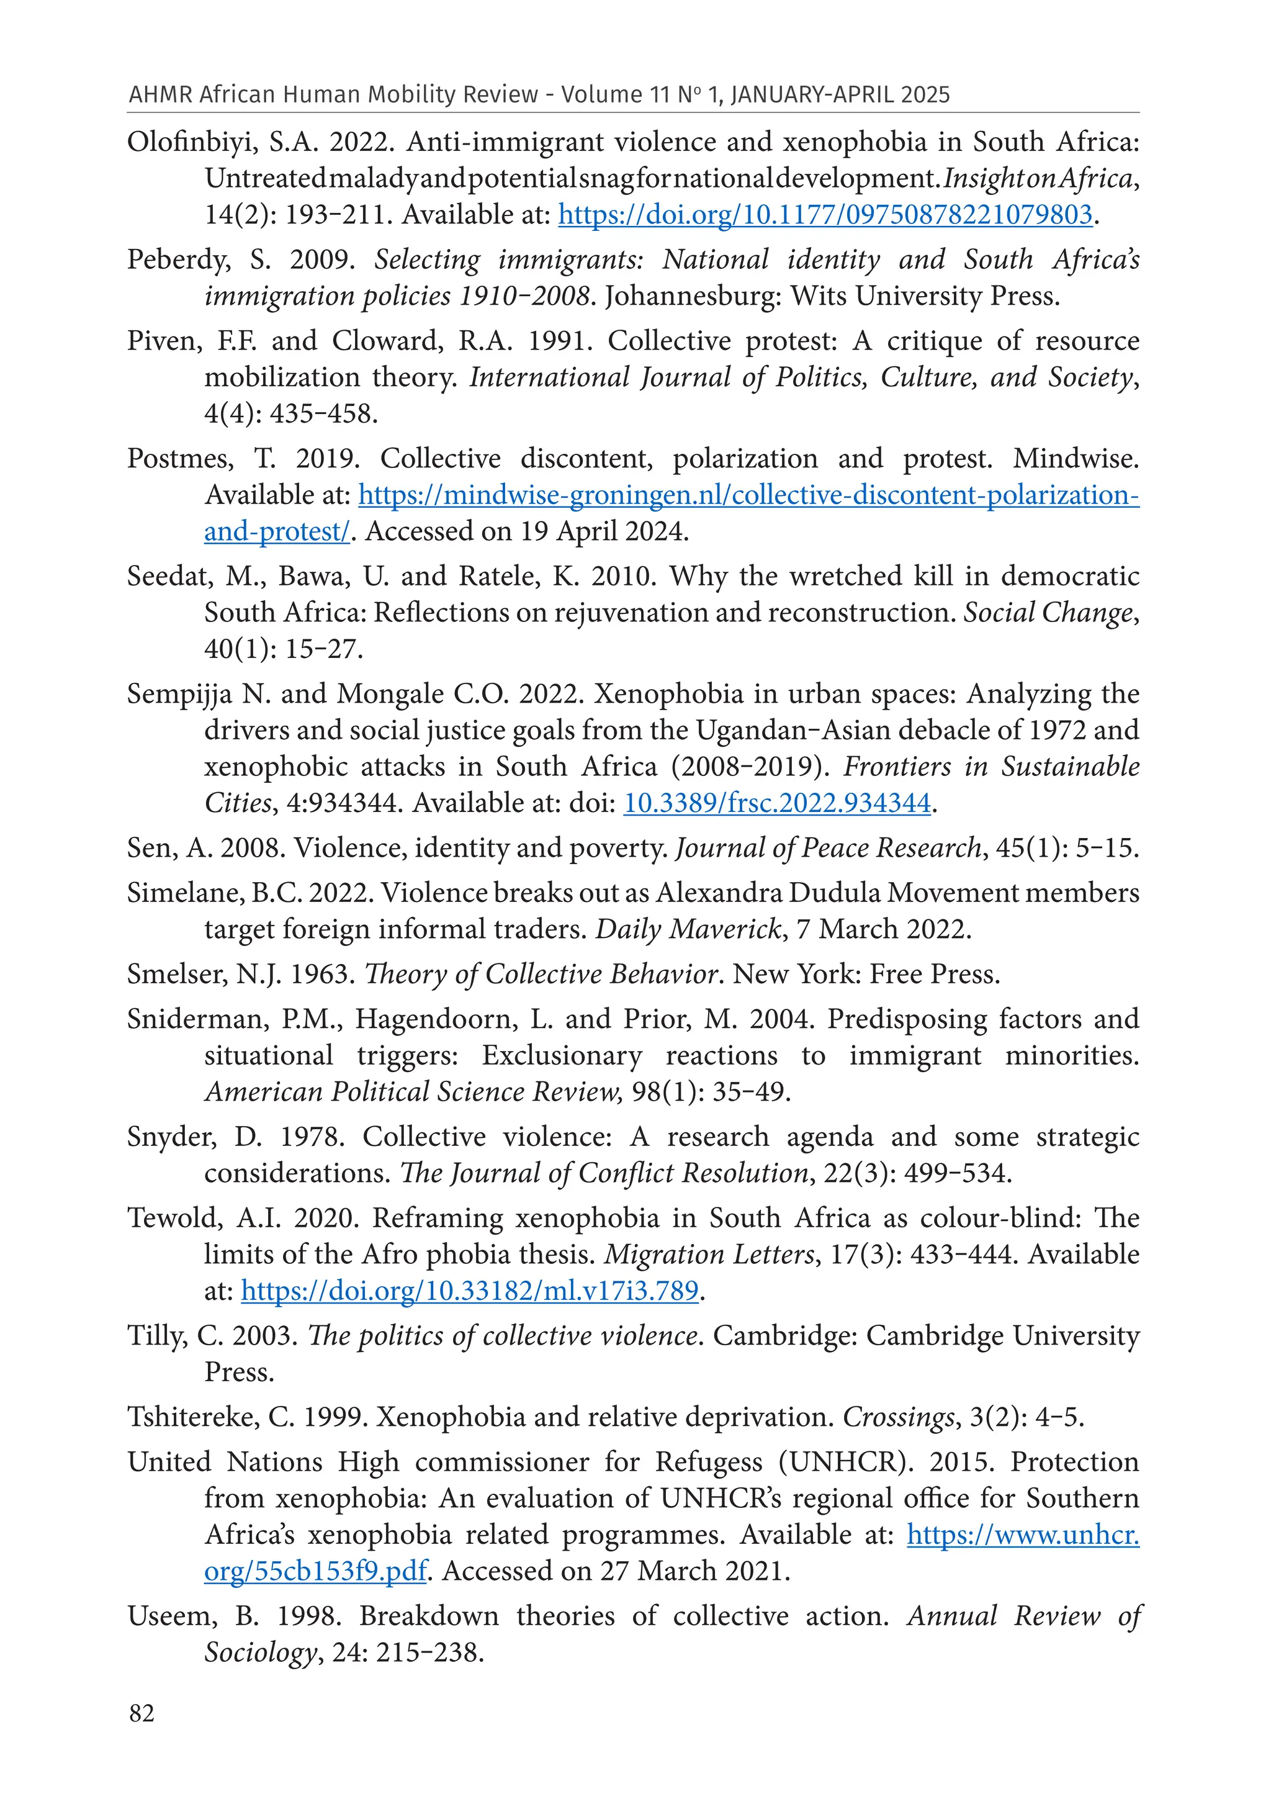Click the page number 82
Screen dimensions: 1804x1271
[x=141, y=1713]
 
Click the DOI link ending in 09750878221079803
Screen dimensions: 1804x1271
[x=825, y=215]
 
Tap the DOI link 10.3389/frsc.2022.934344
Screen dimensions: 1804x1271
[x=777, y=803]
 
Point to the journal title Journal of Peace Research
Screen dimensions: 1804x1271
[x=828, y=848]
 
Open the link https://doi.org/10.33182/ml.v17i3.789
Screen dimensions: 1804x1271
[x=470, y=1291]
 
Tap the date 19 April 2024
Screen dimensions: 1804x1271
[x=603, y=532]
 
